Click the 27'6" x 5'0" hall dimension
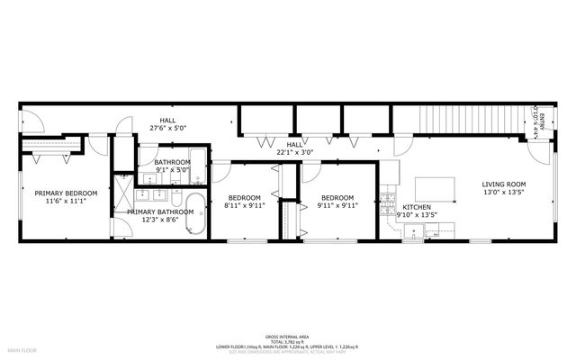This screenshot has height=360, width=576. coord(168,129)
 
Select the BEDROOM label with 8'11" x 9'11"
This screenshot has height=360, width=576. coord(244,197)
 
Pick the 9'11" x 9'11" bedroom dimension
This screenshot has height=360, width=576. coord(337,205)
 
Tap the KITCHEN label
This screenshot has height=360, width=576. coord(415,206)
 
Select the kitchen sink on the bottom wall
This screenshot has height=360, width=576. coord(415,232)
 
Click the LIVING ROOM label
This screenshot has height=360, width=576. coord(503,184)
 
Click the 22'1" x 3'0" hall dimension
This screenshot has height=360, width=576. coord(294,151)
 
